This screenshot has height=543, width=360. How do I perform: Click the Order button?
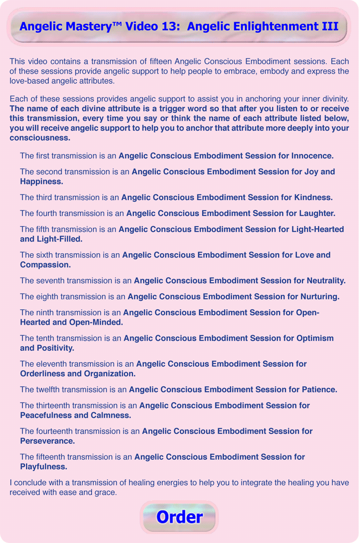179,517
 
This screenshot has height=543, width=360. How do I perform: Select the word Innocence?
312,156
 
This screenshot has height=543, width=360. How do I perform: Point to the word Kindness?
312,197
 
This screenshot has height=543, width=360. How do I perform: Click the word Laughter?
316,213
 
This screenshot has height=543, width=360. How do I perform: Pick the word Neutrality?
323,280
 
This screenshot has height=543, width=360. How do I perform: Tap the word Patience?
317,390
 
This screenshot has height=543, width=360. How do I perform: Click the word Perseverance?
48,441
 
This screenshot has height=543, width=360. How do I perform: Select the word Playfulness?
44,467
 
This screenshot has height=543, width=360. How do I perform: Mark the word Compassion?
45,265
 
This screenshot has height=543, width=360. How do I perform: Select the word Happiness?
42,181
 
